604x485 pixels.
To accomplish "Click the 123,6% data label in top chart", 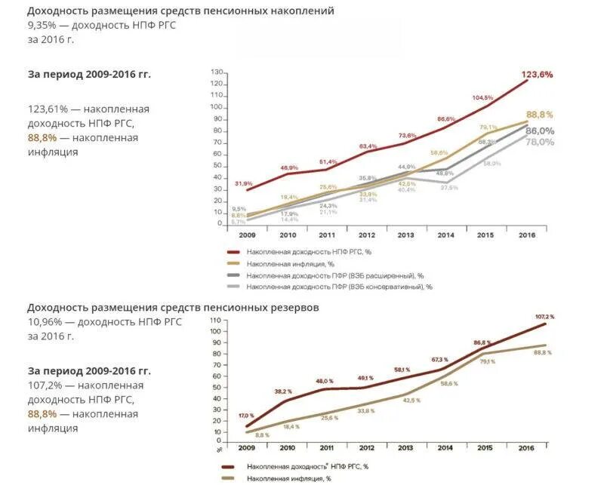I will [x=537, y=75].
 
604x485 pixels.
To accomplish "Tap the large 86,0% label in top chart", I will [x=540, y=130].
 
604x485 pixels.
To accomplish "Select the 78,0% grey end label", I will [x=540, y=142].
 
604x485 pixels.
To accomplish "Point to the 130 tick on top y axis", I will [x=217, y=72].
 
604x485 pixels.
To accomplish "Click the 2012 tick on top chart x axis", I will [x=368, y=235].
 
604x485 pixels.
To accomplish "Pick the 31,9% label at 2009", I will [x=243, y=183].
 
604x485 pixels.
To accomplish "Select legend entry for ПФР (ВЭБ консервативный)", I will [x=338, y=287].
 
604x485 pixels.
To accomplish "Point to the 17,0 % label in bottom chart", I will [x=246, y=416].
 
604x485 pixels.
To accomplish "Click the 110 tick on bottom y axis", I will [x=215, y=321].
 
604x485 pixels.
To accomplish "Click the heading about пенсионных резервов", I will [x=173, y=308].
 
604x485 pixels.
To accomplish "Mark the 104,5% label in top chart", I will [x=482, y=98].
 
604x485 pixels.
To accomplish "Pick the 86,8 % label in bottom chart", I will [x=482, y=343].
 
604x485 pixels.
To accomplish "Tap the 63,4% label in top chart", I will [x=368, y=146].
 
